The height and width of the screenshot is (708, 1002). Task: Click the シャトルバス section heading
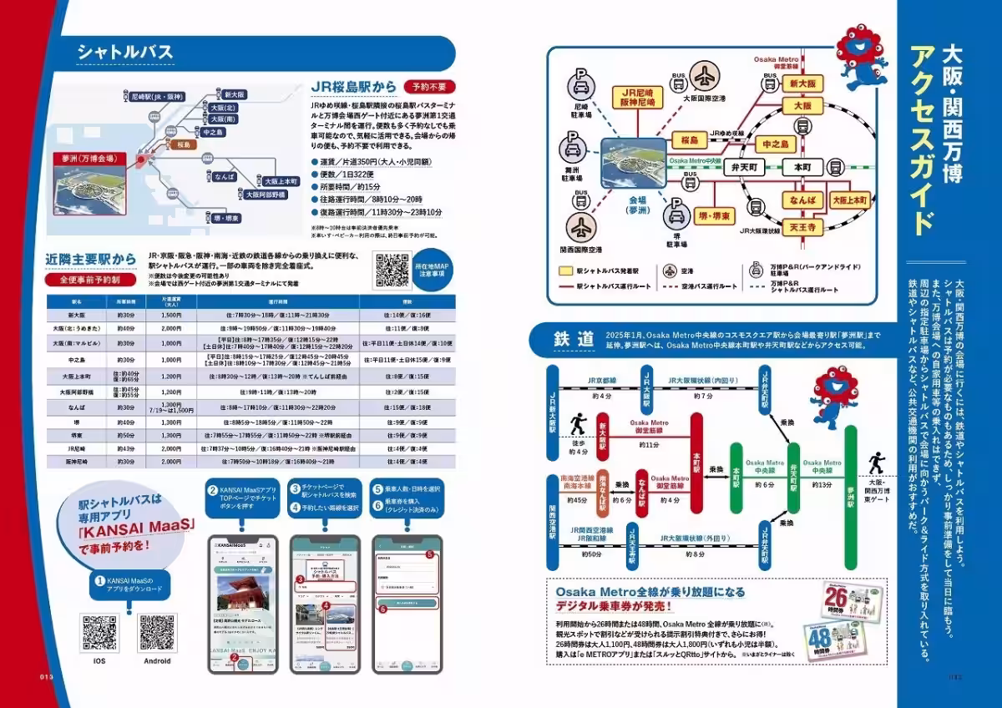coord(125,53)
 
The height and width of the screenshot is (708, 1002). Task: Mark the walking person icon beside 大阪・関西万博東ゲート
coord(876,462)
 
